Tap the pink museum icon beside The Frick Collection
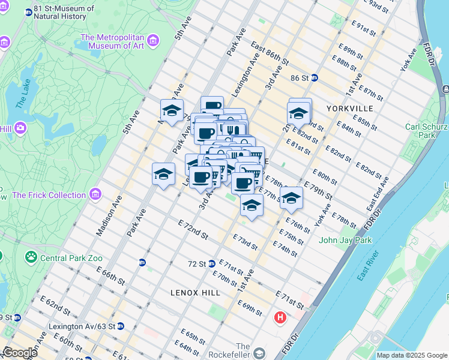(x=95, y=194)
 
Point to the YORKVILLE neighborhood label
(x=350, y=109)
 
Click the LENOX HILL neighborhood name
(x=194, y=293)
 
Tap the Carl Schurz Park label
(x=426, y=131)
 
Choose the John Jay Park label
(x=345, y=241)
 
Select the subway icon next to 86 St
(x=315, y=78)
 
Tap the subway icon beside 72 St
(x=211, y=264)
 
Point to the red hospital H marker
(x=280, y=317)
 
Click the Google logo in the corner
(x=20, y=352)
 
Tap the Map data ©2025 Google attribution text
(x=411, y=355)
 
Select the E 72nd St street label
(x=193, y=230)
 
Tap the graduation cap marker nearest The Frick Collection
(x=163, y=175)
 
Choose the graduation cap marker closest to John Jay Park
(x=291, y=199)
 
